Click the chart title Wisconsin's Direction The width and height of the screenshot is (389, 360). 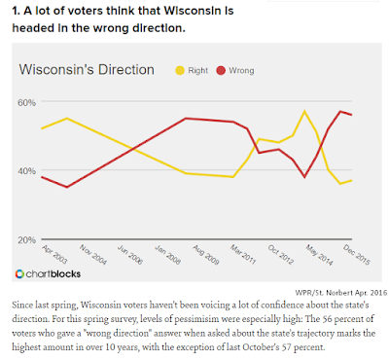[x=87, y=70]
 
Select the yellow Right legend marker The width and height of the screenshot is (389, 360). [x=180, y=70]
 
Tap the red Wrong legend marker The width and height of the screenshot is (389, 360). [x=221, y=70]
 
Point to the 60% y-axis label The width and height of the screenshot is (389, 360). [x=26, y=103]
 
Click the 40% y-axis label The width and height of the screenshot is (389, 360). [x=26, y=171]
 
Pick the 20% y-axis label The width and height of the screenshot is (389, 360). [x=26, y=240]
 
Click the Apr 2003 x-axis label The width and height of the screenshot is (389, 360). [x=54, y=255]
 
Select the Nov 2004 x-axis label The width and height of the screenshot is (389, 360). [x=93, y=255]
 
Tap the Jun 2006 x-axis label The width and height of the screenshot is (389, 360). [x=130, y=255]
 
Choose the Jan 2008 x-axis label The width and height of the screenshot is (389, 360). [x=167, y=255]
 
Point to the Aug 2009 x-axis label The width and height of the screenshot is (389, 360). [x=206, y=255]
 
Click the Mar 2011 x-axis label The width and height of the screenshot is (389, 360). [x=243, y=255]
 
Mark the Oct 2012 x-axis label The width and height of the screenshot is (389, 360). [x=281, y=255]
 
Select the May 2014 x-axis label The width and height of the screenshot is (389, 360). [x=319, y=255]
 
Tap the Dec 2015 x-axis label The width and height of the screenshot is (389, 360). [x=357, y=255]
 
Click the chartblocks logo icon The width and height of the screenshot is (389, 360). [x=19, y=274]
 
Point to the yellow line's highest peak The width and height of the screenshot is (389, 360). [x=304, y=111]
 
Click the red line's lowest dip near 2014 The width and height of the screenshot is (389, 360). [x=304, y=177]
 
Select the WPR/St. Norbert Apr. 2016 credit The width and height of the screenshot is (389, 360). [x=341, y=292]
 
